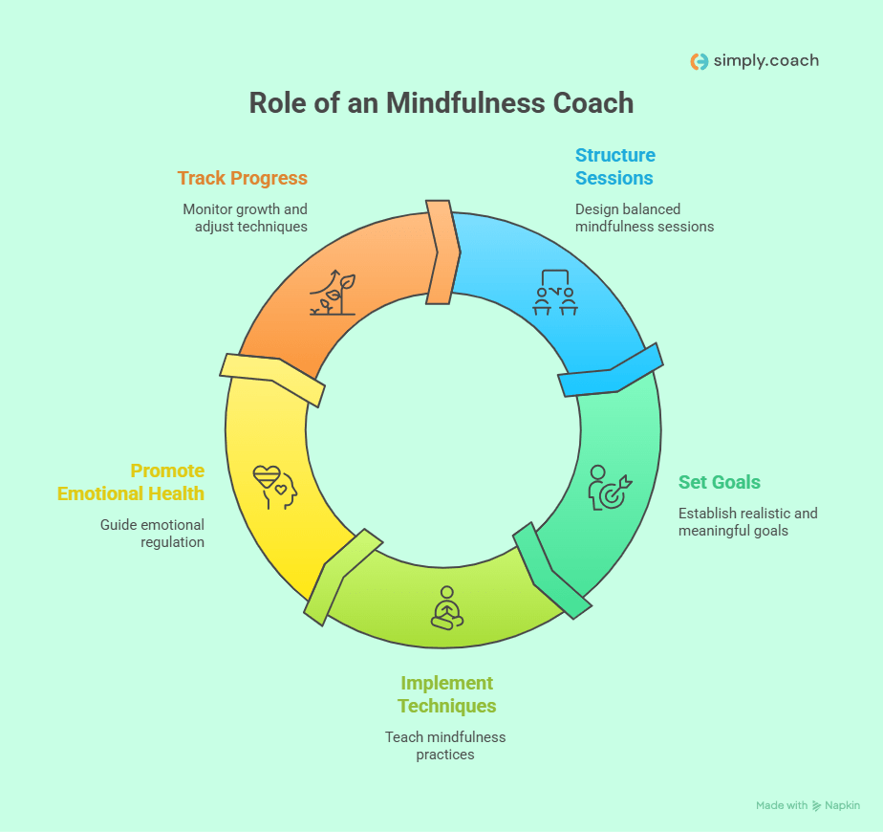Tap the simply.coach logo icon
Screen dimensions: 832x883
pyautogui.click(x=699, y=61)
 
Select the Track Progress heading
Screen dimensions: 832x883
pyautogui.click(x=243, y=178)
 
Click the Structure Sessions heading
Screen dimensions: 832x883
pyautogui.click(x=614, y=166)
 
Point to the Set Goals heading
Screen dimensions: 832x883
pyautogui.click(x=720, y=482)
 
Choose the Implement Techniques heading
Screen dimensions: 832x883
pyautogui.click(x=447, y=694)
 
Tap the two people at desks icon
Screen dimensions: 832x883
pyautogui.click(x=555, y=294)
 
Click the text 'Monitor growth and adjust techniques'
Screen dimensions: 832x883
pyautogui.click(x=246, y=218)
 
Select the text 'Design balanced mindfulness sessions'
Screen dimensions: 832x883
pyautogui.click(x=644, y=218)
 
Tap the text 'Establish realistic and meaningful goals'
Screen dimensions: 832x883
pyautogui.click(x=747, y=521)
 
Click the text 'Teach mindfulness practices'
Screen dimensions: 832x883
pyautogui.click(x=445, y=746)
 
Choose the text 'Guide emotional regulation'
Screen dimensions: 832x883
pyautogui.click(x=152, y=533)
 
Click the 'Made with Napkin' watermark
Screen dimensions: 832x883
pyautogui.click(x=808, y=805)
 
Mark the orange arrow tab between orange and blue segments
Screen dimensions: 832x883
pyautogui.click(x=441, y=252)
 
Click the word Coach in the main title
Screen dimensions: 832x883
pyautogui.click(x=590, y=103)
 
